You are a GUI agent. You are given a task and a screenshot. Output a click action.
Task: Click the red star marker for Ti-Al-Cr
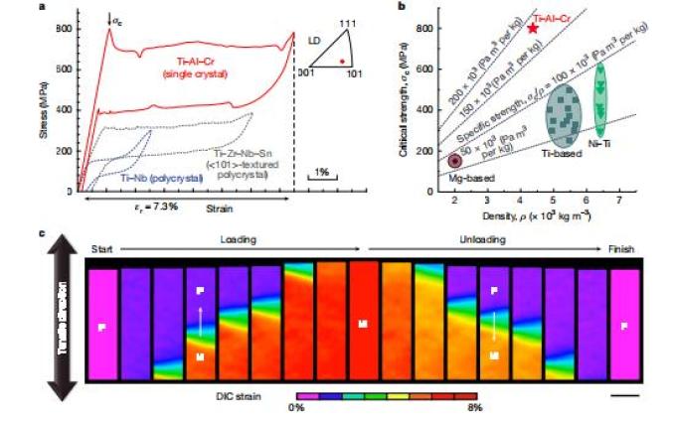[534, 29]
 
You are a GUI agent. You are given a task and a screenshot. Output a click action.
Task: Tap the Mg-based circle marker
[455, 160]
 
